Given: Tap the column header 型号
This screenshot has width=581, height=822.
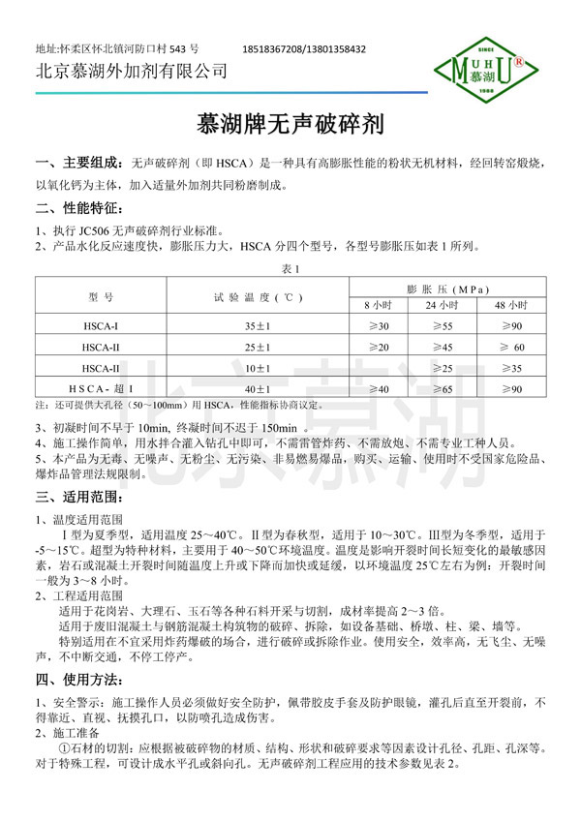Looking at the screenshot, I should (x=101, y=296).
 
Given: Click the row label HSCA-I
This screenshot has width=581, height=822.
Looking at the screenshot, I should (x=101, y=326).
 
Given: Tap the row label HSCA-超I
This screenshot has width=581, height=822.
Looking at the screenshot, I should (x=101, y=388).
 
